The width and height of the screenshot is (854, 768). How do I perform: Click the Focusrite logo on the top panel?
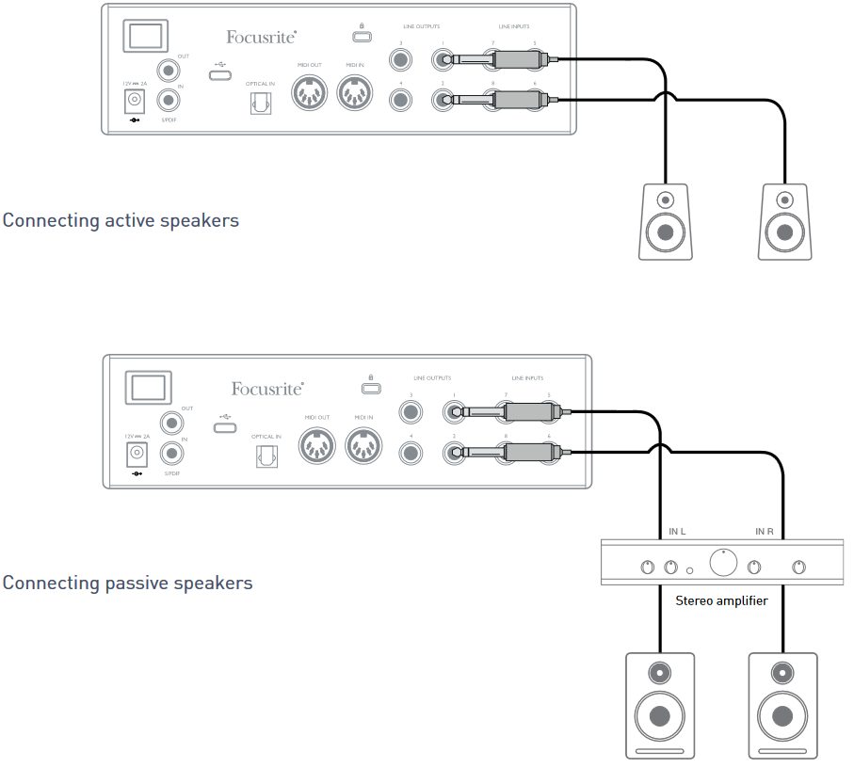(x=261, y=37)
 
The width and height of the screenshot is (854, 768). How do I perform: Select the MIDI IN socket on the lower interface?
(x=363, y=445)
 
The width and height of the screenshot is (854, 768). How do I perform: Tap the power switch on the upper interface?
(x=143, y=36)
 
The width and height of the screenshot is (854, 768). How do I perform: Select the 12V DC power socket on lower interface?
(x=137, y=455)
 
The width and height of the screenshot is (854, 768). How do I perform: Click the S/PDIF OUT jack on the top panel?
(x=169, y=69)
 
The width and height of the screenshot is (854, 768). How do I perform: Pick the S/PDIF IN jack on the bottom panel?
(x=172, y=454)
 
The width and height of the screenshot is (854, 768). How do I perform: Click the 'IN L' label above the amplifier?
(x=677, y=532)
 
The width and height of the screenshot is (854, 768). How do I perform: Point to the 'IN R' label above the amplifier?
(x=765, y=532)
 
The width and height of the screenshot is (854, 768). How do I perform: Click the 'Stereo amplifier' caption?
(x=721, y=600)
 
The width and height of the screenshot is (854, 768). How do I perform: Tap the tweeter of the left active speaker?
(x=666, y=200)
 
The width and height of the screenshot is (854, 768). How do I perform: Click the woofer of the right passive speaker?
(x=781, y=712)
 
